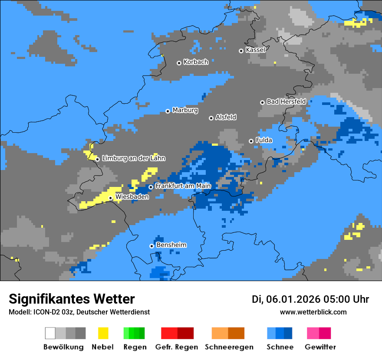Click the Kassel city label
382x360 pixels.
pyautogui.click(x=255, y=50)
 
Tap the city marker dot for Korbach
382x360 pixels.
pyautogui.click(x=179, y=63)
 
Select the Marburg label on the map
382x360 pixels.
pyautogui.click(x=185, y=110)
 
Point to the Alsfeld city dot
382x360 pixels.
pyautogui.click(x=211, y=118)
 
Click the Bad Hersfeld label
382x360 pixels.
pyautogui.click(x=286, y=101)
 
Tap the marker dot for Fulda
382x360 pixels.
pyautogui.click(x=251, y=141)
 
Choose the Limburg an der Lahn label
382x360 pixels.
pyautogui.click(x=133, y=158)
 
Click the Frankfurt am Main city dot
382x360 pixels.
pyautogui.click(x=151, y=187)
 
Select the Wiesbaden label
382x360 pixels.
pyautogui.click(x=132, y=197)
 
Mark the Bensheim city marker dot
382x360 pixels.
pyautogui.click(x=151, y=246)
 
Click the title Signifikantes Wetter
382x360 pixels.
pyautogui.click(x=72, y=299)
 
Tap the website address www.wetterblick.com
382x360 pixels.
pyautogui.click(x=313, y=312)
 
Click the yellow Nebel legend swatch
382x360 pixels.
pyautogui.click(x=103, y=333)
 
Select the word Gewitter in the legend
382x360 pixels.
pyautogui.click(x=320, y=347)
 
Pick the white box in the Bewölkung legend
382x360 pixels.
pyautogui.click(x=50, y=333)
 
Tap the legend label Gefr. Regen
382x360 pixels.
pyautogui.click(x=177, y=347)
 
